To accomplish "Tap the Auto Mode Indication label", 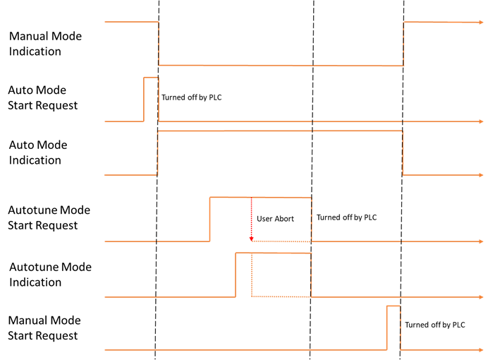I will pyautogui.click(x=38, y=152).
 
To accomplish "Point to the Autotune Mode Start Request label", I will pyautogui.click(x=49, y=217).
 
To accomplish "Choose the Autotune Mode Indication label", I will pyautogui.click(x=50, y=275).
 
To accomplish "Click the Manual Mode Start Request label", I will pyautogui.click(x=44, y=328).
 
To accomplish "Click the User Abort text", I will pyautogui.click(x=274, y=219).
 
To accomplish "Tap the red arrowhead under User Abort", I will pyautogui.click(x=251, y=238).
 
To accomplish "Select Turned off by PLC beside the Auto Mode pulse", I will pyautogui.click(x=191, y=97).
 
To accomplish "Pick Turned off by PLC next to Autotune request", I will pyautogui.click(x=346, y=217).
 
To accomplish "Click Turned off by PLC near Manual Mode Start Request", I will pyautogui.click(x=435, y=325).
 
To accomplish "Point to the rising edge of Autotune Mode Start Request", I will pyautogui.click(x=209, y=220).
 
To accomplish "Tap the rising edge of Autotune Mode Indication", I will pyautogui.click(x=236, y=275).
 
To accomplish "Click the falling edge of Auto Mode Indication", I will pyautogui.click(x=402, y=152).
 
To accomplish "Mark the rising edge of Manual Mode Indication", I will pyautogui.click(x=403, y=44).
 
